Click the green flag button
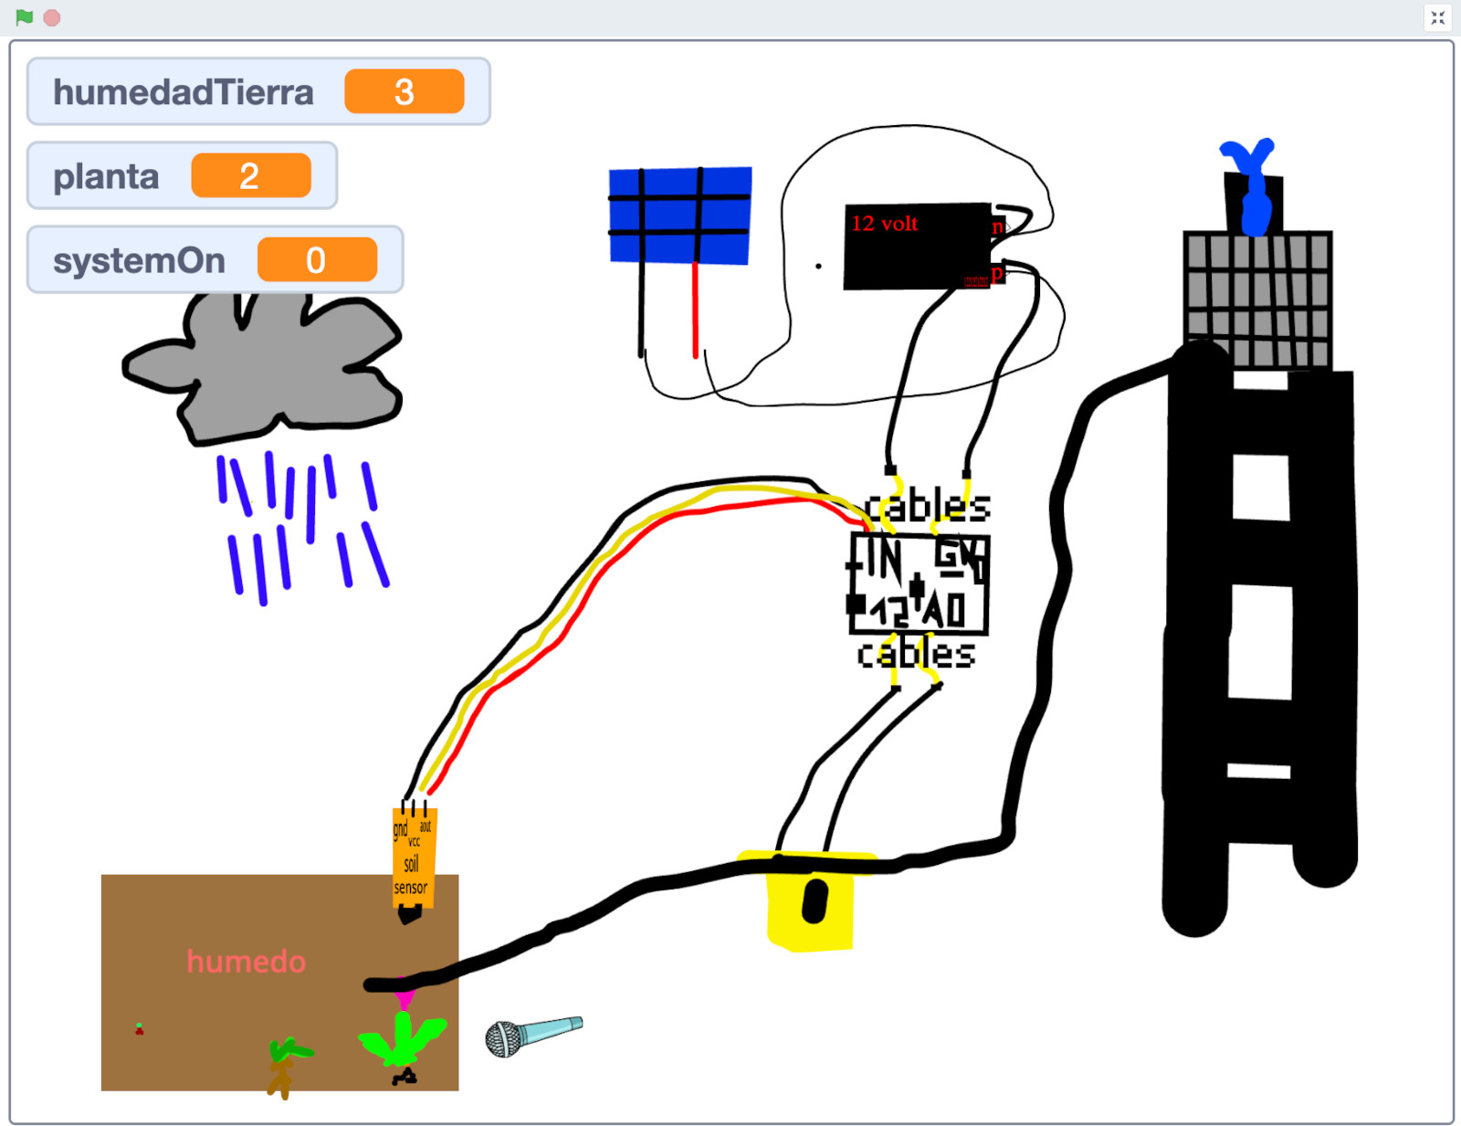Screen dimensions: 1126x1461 [25, 17]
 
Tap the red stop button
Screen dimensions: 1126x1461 [52, 18]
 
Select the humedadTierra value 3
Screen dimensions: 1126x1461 [404, 92]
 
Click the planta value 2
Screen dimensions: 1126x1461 [250, 176]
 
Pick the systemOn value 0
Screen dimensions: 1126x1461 [316, 260]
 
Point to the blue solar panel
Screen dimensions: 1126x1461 [679, 216]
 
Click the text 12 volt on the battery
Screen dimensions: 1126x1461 [884, 224]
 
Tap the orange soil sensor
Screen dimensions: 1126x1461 [414, 858]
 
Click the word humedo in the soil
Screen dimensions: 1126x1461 [246, 962]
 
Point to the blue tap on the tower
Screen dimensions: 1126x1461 [1252, 183]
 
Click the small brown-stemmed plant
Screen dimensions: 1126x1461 [285, 1064]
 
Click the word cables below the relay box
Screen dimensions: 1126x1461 [916, 654]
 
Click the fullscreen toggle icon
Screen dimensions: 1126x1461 [1437, 17]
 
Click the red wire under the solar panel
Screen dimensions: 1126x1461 [695, 310]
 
